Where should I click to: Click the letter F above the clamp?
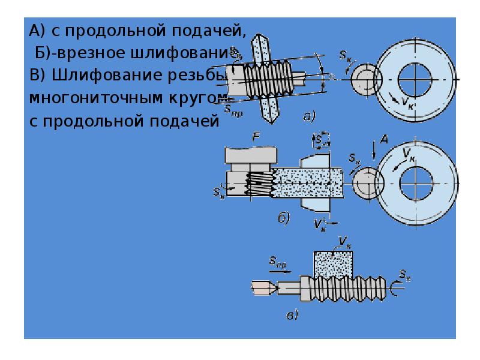point(256,139)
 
